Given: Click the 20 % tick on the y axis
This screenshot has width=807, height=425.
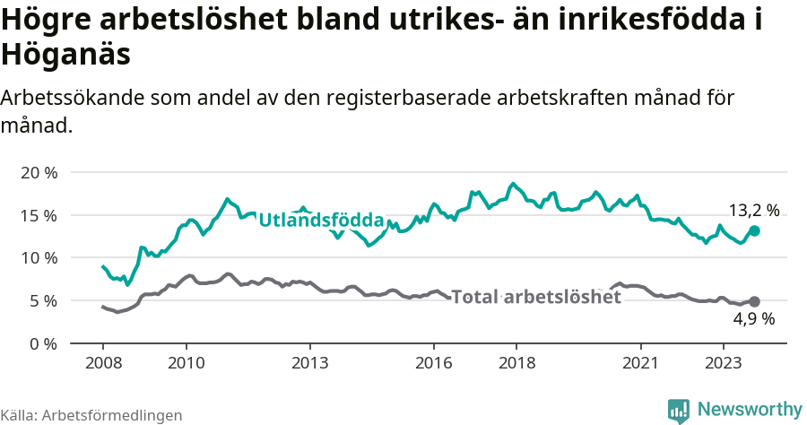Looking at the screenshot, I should tap(38, 172).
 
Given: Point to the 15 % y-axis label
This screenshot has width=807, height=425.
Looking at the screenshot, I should tap(38, 215).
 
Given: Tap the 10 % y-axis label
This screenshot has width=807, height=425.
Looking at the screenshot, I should tap(38, 258).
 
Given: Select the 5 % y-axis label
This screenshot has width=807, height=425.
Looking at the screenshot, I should tap(42, 300).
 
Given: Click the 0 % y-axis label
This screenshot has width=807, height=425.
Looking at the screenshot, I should tap(42, 343).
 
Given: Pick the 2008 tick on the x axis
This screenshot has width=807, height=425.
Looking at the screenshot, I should tap(102, 364).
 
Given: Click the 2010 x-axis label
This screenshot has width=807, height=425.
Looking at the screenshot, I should tap(186, 364).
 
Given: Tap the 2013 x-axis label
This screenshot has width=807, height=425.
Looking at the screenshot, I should tap(309, 364).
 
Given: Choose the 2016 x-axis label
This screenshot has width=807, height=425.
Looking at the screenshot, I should tap(434, 364).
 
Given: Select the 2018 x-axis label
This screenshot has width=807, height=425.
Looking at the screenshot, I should tap(516, 364).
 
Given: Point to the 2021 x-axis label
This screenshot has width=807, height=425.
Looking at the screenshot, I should tap(641, 364).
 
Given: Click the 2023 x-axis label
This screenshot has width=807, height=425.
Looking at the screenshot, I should tap(724, 364).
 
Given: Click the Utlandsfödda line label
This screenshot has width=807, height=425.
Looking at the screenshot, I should tap(321, 221).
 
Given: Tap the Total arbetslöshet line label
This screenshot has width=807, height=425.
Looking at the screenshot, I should tap(535, 297).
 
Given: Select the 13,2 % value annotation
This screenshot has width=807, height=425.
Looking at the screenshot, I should tap(753, 211).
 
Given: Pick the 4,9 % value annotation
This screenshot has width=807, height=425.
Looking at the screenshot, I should tap(753, 318).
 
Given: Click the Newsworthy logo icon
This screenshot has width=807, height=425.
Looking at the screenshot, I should tap(679, 410).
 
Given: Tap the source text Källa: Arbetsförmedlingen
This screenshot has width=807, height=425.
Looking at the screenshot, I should tap(91, 415).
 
